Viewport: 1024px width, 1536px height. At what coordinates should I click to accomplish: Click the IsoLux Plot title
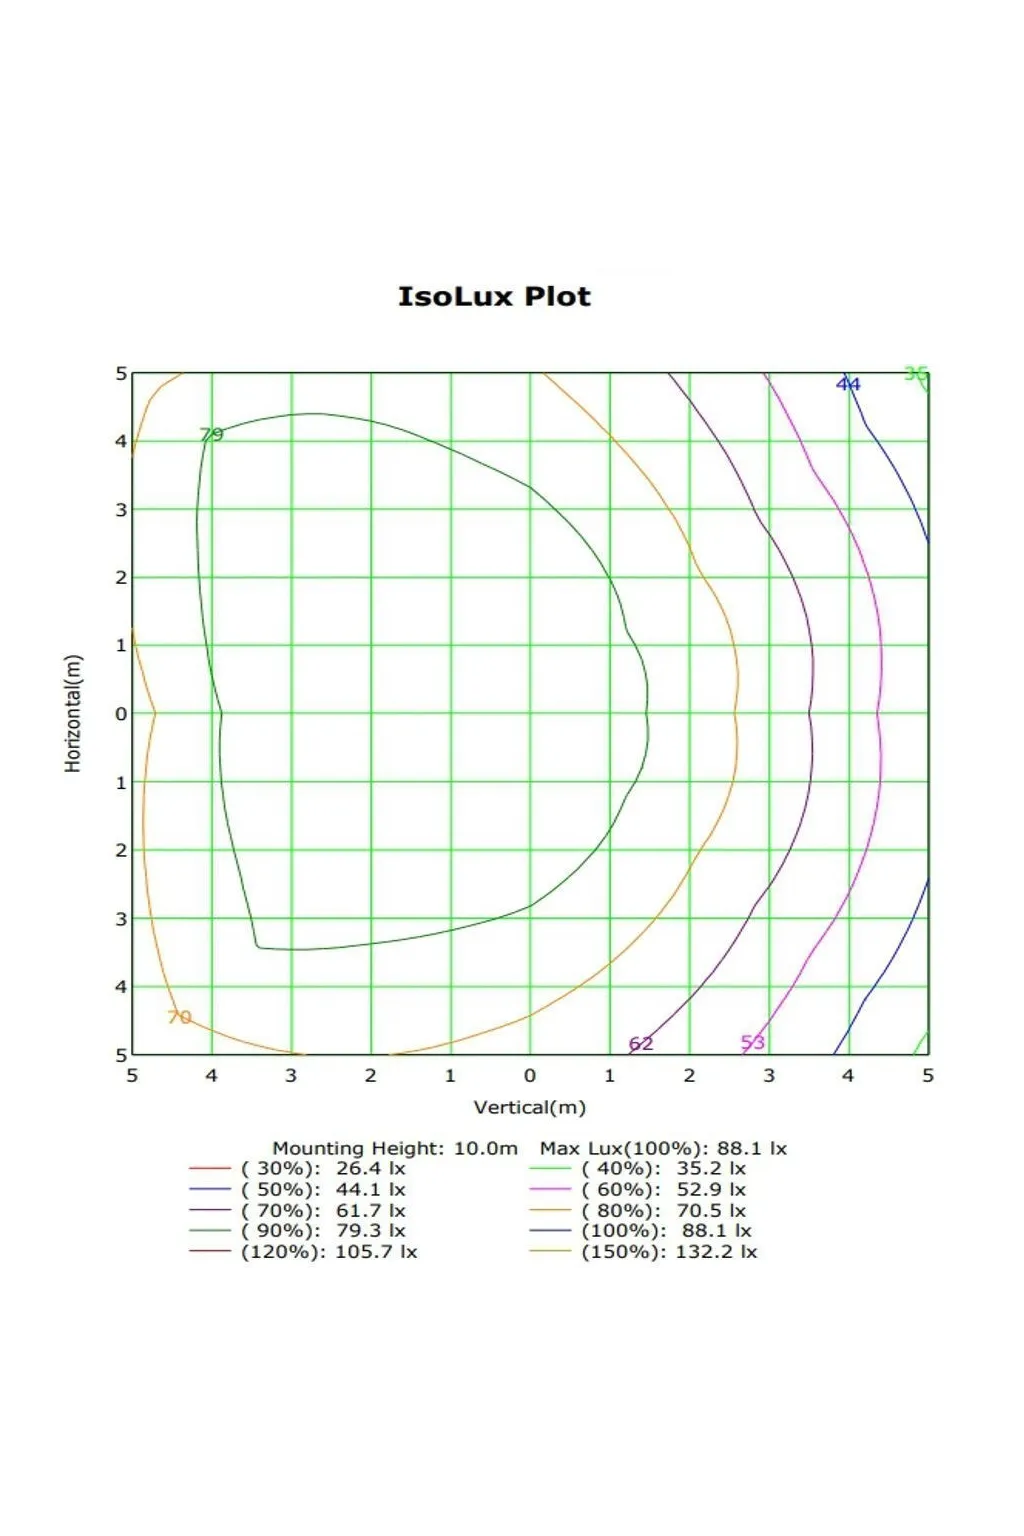point(494,297)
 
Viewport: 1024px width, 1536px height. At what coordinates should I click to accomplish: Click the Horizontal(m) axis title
point(73,713)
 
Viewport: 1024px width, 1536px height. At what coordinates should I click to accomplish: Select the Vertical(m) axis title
point(529,1107)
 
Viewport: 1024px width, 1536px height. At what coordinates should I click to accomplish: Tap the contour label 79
point(211,434)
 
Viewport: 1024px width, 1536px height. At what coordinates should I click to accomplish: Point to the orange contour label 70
point(179,1017)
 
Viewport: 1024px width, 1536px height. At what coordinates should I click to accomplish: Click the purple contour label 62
point(641,1044)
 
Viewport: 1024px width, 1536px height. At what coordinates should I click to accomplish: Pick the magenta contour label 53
point(753,1042)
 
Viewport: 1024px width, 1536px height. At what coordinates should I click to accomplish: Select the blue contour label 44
point(848,384)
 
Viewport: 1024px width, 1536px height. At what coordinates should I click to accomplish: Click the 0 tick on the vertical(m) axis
point(530,1076)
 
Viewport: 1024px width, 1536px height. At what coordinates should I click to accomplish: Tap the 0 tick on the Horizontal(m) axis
point(121,714)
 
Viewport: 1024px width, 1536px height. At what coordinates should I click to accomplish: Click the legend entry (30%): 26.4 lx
point(323,1168)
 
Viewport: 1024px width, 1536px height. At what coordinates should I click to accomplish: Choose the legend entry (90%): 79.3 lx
point(323,1231)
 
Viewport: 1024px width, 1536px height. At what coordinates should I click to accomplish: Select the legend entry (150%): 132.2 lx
point(669,1252)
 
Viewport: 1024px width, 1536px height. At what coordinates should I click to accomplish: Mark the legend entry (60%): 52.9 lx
point(663,1189)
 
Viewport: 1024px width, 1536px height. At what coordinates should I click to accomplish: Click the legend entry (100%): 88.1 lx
point(666,1231)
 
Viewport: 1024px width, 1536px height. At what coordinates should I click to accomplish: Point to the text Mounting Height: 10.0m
point(395,1148)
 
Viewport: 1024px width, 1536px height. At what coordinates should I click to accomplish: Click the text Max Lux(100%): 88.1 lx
point(663,1148)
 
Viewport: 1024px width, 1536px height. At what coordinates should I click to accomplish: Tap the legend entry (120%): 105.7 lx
point(329,1252)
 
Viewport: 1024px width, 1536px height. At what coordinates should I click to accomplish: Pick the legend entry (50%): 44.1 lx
point(323,1189)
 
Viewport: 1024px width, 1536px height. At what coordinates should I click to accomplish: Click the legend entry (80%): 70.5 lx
point(663,1210)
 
